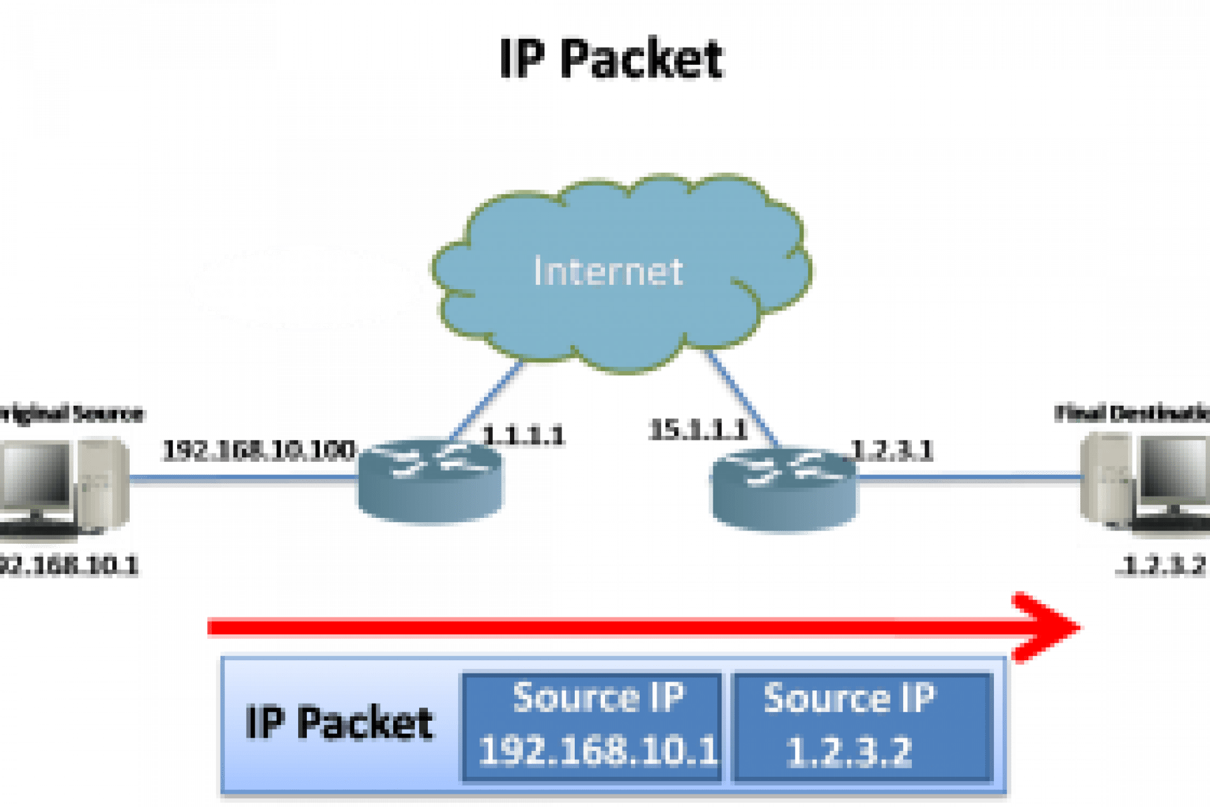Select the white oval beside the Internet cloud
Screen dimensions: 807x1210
[x=305, y=288]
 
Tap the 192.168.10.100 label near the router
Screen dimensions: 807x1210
[x=258, y=449]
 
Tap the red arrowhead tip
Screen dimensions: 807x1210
[x=1079, y=627]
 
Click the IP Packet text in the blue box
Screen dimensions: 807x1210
[x=340, y=723]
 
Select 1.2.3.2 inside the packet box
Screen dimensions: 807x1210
[x=850, y=751]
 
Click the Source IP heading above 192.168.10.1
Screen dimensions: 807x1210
[x=597, y=698]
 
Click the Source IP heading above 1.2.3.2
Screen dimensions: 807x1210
[x=850, y=698]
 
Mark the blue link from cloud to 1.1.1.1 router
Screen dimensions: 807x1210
[x=488, y=400]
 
